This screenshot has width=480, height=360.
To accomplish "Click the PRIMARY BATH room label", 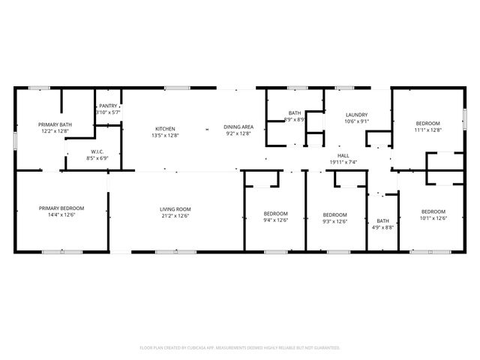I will pos(55,124).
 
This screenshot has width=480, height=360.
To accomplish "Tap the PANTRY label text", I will pos(108,106).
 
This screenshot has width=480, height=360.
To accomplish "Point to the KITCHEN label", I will pos(165,127).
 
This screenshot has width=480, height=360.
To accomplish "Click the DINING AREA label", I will pos(238,127).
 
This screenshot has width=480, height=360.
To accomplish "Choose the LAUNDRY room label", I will pos(355,115).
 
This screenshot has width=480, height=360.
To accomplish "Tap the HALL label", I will pos(343,155).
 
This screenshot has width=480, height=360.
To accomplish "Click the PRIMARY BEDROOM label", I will pos(61,208).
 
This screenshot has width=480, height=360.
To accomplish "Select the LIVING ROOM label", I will pos(175,209).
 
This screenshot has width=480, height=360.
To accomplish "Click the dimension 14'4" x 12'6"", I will pos(61,215).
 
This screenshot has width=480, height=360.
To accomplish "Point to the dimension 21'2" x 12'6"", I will pos(175,216).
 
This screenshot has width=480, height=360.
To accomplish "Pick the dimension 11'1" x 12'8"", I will pos(428,130).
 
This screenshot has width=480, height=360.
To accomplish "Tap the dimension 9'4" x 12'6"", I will pos(275,220).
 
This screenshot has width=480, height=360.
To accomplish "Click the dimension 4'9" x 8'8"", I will pos(382,227).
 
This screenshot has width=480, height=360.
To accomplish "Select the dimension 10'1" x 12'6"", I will pos(433,218).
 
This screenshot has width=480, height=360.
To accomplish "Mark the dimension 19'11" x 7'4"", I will pos(343,162).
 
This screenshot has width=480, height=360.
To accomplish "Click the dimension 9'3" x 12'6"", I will pos(334,221).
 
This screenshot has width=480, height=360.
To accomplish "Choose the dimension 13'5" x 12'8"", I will pos(165,134).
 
